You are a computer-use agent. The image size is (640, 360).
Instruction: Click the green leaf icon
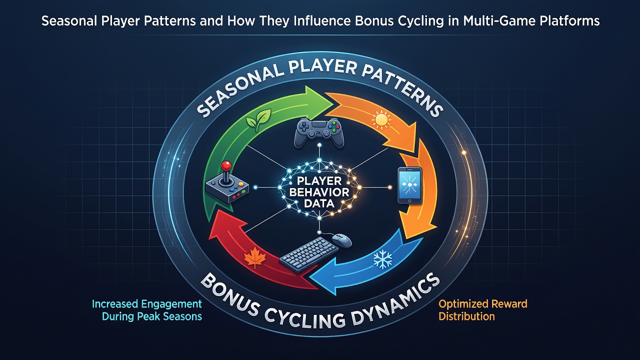click(258, 120)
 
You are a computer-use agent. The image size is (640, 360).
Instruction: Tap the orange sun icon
click(381, 120)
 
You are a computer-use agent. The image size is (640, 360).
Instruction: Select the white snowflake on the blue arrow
click(382, 259)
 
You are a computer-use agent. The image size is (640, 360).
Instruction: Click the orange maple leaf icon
click(255, 257)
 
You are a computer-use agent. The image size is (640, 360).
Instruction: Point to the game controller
click(319, 133)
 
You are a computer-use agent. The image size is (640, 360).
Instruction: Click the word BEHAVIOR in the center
click(319, 192)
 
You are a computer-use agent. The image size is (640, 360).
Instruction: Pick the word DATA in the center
click(319, 203)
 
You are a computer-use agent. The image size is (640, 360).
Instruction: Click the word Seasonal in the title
click(69, 21)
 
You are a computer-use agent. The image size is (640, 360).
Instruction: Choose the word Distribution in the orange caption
click(466, 316)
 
